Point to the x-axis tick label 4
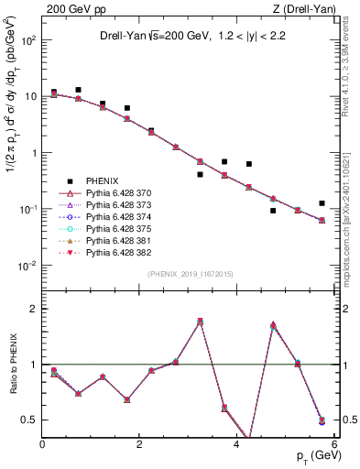pyautogui.click(x=237, y=446)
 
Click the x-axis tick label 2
pyautogui.click(x=140, y=446)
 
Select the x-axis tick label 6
pyautogui.click(x=333, y=446)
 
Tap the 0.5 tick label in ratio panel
pyautogui.click(x=31, y=420)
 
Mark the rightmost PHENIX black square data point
pyautogui.click(x=322, y=203)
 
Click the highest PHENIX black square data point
pyautogui.click(x=79, y=90)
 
